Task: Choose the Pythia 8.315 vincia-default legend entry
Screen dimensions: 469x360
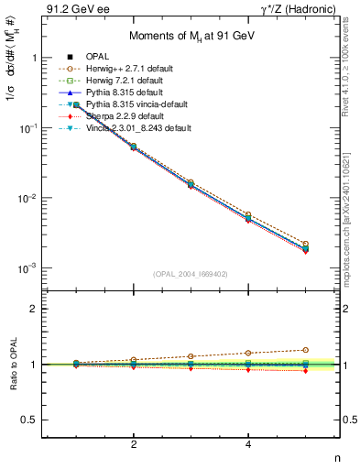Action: tap(143, 104)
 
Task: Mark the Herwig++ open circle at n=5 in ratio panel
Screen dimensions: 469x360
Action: tap(306, 349)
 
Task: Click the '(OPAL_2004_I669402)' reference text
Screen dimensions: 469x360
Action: tap(191, 274)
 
